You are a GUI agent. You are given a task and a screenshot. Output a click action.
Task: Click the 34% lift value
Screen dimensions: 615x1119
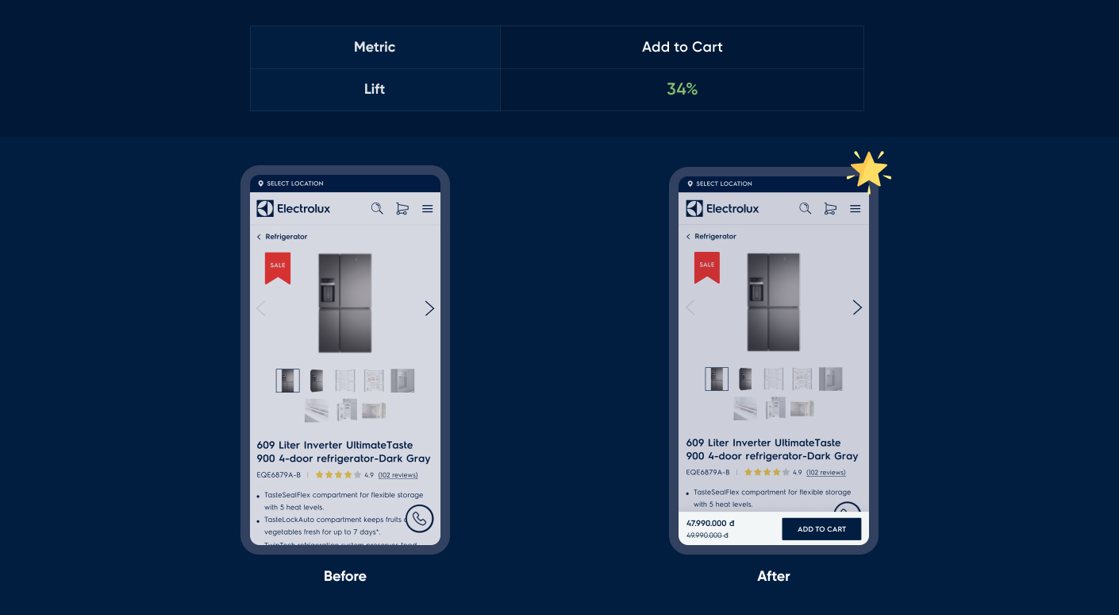682,89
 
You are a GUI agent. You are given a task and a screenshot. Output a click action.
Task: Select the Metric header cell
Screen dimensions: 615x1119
375,47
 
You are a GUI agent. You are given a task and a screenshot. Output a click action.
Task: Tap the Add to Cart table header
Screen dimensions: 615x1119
682,47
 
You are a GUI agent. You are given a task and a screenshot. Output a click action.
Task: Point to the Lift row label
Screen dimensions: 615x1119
375,89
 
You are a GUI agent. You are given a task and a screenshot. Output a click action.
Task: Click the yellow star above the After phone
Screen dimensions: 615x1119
868,169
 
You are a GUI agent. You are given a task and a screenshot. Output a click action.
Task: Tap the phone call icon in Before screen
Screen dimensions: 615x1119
419,518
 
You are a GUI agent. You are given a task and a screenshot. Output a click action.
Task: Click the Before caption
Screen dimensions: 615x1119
345,576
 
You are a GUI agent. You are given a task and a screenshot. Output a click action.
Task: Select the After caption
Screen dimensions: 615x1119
774,576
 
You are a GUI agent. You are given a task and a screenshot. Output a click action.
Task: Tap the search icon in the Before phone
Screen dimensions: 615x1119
377,208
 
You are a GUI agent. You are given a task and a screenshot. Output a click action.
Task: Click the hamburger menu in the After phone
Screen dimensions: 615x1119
855,208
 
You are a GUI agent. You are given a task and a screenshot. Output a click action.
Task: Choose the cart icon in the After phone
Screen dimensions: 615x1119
830,208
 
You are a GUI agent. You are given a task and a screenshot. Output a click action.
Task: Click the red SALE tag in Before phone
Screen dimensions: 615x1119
278,267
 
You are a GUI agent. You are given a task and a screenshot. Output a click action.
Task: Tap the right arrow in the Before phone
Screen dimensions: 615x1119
429,308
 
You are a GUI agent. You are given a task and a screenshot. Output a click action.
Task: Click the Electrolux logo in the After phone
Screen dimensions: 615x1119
722,208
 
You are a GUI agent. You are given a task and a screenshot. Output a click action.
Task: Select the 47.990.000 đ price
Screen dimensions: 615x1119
710,523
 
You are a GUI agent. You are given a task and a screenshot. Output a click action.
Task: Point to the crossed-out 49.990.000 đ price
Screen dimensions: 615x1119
707,536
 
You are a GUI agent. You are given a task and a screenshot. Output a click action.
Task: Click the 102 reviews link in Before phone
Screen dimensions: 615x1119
398,475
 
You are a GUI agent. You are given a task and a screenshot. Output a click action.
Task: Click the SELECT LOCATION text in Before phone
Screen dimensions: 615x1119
294,184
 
